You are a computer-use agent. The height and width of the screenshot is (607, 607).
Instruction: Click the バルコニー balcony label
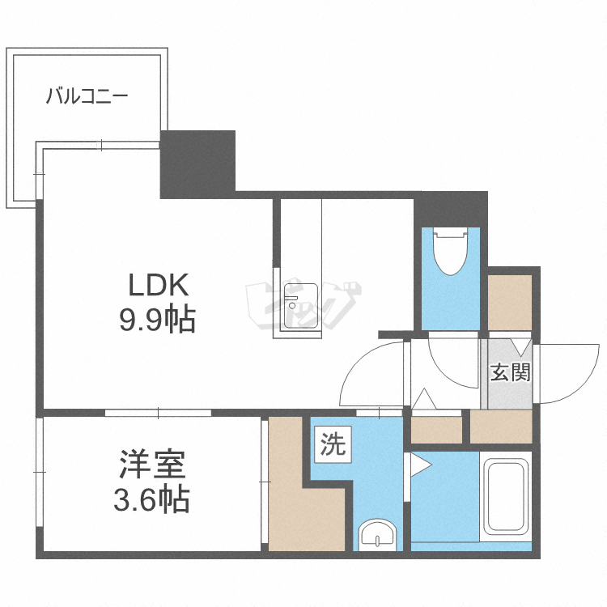point(87,96)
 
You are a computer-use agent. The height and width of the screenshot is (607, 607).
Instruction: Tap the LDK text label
point(159,285)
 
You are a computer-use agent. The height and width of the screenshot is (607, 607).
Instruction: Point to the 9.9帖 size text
point(157,320)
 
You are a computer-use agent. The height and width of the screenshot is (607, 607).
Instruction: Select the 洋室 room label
point(152,465)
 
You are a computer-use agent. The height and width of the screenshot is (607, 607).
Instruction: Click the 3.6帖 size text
point(151,500)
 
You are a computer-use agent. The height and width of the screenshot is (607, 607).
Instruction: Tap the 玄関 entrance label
point(510,372)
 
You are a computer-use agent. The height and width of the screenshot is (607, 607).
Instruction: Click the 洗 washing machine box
point(333,444)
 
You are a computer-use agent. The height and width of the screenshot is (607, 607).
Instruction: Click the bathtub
point(506,497)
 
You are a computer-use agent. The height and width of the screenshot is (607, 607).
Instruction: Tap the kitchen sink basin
point(301,306)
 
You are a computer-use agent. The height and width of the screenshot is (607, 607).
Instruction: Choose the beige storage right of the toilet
point(509,303)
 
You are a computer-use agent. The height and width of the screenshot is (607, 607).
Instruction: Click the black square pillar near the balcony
point(197,164)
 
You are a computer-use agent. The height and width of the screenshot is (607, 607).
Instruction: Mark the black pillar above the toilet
point(451,209)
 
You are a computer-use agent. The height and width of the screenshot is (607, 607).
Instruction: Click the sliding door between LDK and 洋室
point(158,413)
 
